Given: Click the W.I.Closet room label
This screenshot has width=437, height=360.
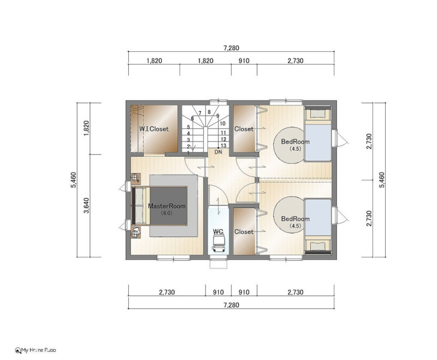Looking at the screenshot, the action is [154, 129].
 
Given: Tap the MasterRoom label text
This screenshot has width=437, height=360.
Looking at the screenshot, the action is [167, 206].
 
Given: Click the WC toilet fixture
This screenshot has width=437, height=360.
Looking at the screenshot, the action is [218, 243].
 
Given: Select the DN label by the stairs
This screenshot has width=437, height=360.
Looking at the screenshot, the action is [218, 152].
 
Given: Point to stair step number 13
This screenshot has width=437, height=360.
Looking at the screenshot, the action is [223, 145].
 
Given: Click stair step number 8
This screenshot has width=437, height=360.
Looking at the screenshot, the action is [209, 112].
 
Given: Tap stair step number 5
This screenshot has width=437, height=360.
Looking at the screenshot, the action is [188, 127].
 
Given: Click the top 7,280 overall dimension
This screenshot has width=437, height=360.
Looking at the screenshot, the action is [231, 48].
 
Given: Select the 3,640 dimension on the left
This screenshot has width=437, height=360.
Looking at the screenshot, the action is [86, 205].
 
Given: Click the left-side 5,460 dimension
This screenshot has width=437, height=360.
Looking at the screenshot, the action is [74, 180].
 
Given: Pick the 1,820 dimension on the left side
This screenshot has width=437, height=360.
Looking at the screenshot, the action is [86, 128].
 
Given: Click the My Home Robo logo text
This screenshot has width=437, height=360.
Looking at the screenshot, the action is [36, 350].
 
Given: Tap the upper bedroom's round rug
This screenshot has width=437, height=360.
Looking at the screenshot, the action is [289, 145].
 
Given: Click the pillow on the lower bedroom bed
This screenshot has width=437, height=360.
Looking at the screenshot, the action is [318, 246].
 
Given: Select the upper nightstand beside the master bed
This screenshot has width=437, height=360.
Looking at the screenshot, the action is [135, 178].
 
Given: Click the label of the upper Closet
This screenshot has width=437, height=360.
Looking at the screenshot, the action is [244, 129].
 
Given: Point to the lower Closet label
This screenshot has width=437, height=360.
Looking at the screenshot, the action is [244, 232].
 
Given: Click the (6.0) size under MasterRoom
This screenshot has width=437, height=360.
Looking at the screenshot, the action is [167, 213].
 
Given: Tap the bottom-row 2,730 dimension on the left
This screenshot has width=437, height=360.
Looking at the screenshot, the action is [167, 292].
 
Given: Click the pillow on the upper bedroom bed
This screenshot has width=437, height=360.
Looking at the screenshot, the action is [318, 114].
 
